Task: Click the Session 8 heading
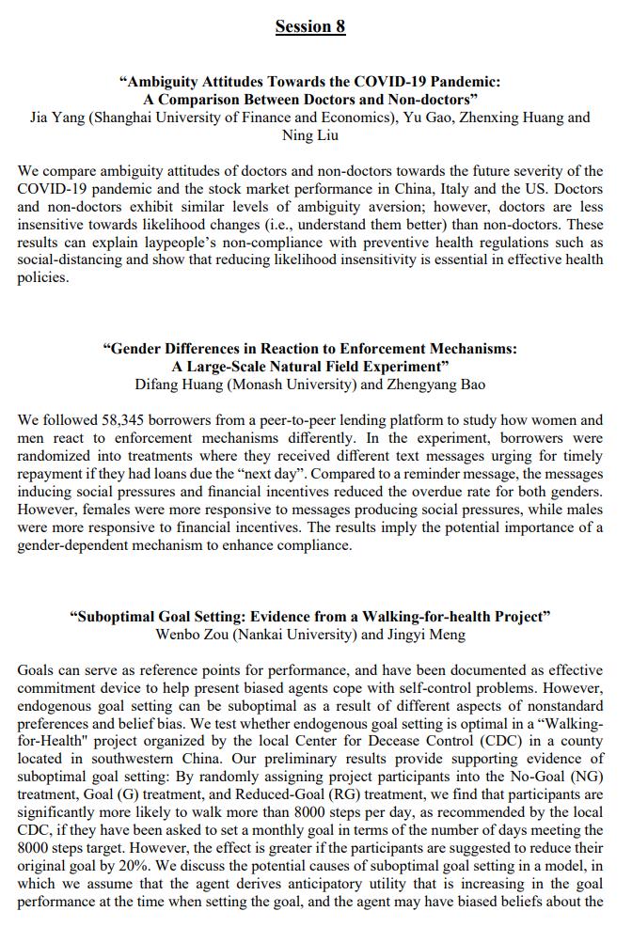coord(310,26)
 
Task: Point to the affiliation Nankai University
coord(294,634)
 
